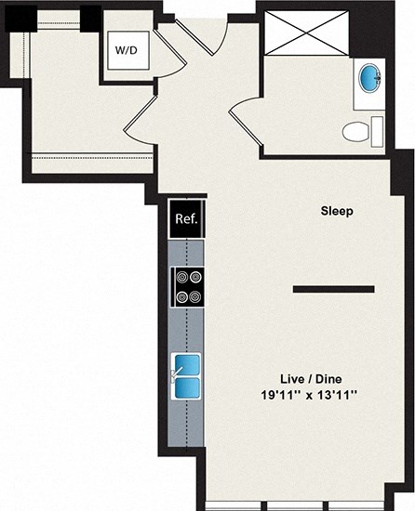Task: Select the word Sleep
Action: (x=336, y=212)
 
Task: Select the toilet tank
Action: (x=377, y=131)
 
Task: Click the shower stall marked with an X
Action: (x=307, y=33)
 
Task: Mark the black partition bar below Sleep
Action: (x=333, y=289)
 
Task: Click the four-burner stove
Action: (x=187, y=286)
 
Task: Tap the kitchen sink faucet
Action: (x=175, y=375)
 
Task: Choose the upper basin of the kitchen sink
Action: (x=189, y=364)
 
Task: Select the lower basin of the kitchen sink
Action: (x=189, y=386)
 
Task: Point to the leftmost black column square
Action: (x=23, y=18)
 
